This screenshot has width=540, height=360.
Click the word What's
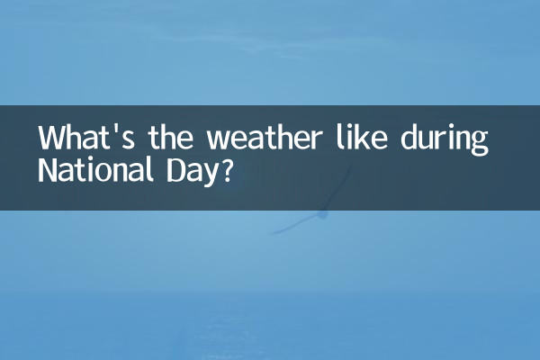coord(86,138)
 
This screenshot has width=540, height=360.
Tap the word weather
coord(264,138)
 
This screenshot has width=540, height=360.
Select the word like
coord(362,138)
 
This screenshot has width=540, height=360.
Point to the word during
coord(445,140)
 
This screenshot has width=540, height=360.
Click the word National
coord(95,169)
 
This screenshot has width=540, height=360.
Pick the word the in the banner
coord(170,138)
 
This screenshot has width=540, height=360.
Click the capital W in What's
coord(51,138)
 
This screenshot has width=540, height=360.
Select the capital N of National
coord(46,170)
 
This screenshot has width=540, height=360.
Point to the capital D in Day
coord(175,170)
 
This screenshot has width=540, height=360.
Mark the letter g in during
coord(480,144)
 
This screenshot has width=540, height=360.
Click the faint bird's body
coord(322,214)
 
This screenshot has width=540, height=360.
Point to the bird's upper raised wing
coord(338,188)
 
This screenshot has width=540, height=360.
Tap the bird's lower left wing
coord(296,225)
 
